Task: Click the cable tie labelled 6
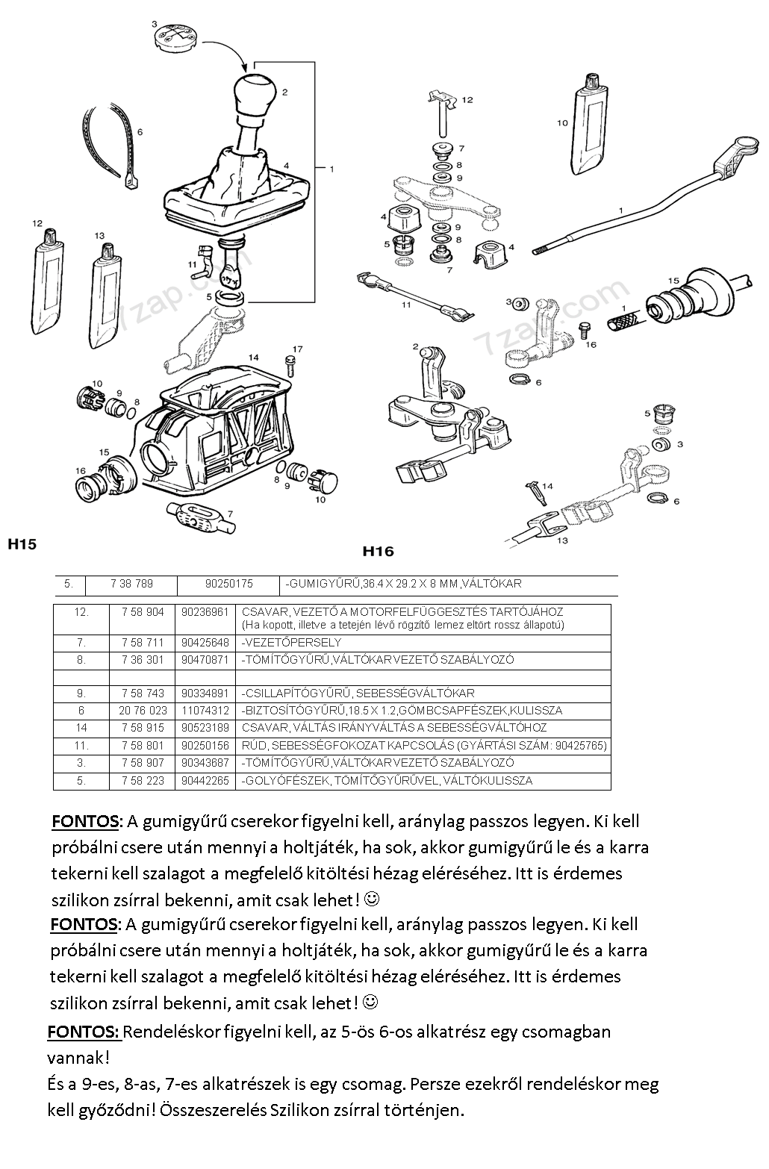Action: tap(112, 145)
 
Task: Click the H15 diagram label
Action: tap(22, 544)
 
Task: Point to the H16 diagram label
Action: tap(377, 552)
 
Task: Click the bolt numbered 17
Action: tap(291, 367)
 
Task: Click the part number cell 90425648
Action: tap(205, 642)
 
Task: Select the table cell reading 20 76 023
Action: tap(143, 711)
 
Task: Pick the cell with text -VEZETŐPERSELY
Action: tap(291, 642)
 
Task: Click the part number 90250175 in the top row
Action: tap(228, 584)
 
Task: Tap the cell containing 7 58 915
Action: tap(143, 728)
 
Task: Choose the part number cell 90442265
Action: tap(205, 781)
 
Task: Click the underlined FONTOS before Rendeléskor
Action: tap(83, 1032)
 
